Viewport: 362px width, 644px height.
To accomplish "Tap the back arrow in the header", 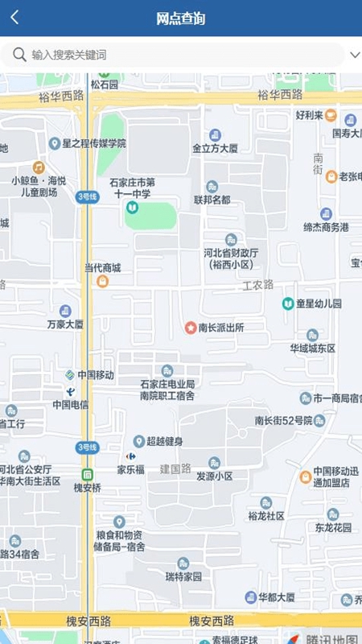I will point(14,18).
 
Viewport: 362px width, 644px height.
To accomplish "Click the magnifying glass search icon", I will point(19,55).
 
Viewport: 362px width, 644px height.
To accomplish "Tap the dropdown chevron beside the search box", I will point(355,55).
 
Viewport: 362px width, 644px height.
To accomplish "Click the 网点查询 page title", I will point(181,19).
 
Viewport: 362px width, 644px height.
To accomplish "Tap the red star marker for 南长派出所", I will point(191,328).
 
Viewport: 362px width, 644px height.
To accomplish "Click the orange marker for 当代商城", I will point(102,281).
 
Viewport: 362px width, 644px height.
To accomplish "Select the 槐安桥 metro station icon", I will point(87,474).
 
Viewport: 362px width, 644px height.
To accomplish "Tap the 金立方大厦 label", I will point(215,149).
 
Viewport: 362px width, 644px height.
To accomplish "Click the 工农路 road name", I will point(258,284).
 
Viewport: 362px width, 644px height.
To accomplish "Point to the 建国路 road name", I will point(175,468).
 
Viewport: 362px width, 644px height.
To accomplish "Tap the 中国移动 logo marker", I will point(71,375).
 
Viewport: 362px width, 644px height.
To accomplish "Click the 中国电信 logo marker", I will point(71,391).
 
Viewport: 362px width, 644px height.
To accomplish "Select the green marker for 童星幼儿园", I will point(287,303).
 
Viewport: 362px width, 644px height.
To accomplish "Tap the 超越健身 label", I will point(164,441).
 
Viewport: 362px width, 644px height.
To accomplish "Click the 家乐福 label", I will point(130,469).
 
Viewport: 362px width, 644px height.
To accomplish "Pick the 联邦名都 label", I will point(212,200).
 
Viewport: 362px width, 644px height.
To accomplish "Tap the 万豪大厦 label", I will point(65,324).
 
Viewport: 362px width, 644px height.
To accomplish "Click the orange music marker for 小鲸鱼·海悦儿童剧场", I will point(38,167).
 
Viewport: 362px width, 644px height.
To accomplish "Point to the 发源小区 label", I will point(215,476).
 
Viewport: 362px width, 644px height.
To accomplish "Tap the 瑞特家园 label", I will point(184,577).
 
